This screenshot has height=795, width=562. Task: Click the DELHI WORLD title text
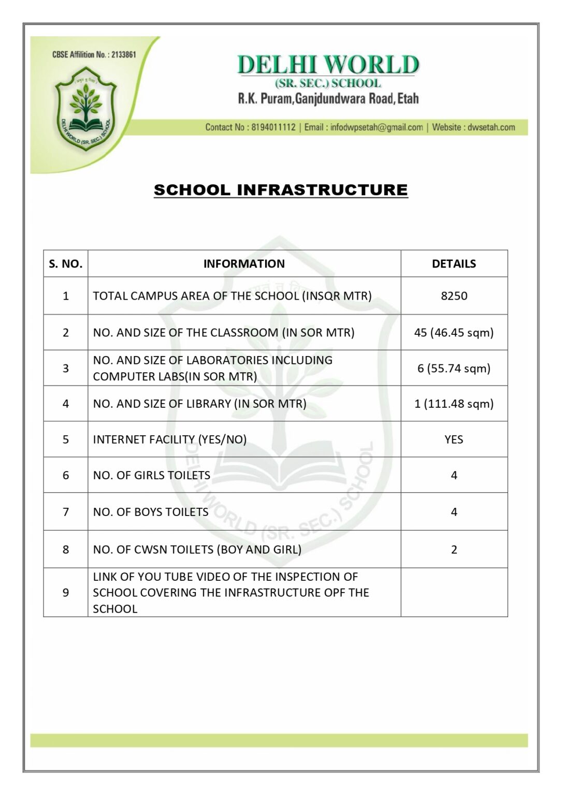[x=328, y=65]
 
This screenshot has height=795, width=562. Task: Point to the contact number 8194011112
[x=273, y=127]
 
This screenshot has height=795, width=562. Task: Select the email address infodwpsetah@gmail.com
[x=377, y=127]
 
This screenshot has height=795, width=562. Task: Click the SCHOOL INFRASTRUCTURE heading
[x=281, y=190]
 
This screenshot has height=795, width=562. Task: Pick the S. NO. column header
[x=66, y=264]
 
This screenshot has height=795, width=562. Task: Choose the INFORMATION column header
[x=244, y=264]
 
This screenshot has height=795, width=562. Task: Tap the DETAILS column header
[x=454, y=264]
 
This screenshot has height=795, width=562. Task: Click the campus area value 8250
[x=454, y=296]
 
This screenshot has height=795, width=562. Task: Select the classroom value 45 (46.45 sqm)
[x=454, y=333]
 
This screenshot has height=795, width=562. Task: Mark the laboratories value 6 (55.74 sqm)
[x=454, y=369]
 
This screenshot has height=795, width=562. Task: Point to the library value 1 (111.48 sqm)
[x=454, y=404]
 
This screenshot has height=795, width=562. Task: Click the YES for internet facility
[x=454, y=439]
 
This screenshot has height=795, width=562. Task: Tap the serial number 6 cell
[x=66, y=475]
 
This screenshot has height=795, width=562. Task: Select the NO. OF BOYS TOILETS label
[x=151, y=512]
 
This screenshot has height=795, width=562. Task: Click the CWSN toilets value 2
[x=454, y=550]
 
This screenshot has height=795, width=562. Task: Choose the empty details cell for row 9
[x=454, y=593]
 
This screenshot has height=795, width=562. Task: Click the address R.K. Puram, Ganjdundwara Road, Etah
[x=328, y=98]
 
